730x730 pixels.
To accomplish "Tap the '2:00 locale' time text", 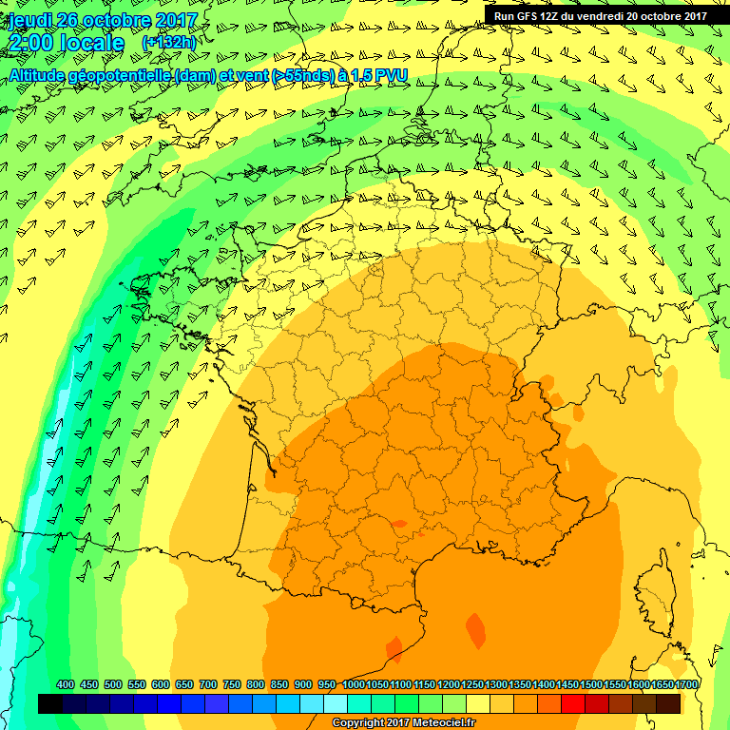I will pos(66,44).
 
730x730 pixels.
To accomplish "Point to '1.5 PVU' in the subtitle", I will pos(365,75).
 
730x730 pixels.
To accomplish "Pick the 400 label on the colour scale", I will pos(66,685).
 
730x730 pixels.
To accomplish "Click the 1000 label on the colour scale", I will pos(353,685).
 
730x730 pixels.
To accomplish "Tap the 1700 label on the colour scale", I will pos(687,685).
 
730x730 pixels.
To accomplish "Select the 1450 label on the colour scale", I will pos(567,685).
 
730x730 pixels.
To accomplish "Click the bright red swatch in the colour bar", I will pos(573,704).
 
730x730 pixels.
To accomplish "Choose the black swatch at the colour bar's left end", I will pos(50,704).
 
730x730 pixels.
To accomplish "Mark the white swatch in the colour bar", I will pos(336,704).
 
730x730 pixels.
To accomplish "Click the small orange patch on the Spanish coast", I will pos(394,649).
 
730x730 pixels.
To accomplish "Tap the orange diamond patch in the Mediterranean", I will pos(475,629).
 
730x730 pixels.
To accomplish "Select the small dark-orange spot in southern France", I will pos(399,523).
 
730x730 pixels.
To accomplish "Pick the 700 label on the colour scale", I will pos(208,685).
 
